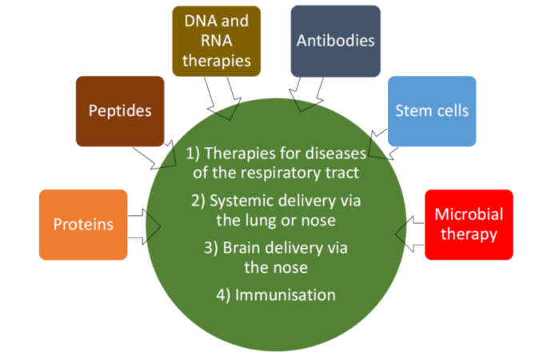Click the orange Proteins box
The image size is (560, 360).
coord(82,225)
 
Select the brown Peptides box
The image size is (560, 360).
coord(120,111)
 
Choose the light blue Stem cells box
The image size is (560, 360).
coord(432,111)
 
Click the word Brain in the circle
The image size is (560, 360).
coord(244,248)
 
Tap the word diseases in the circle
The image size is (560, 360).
coord(337,153)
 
